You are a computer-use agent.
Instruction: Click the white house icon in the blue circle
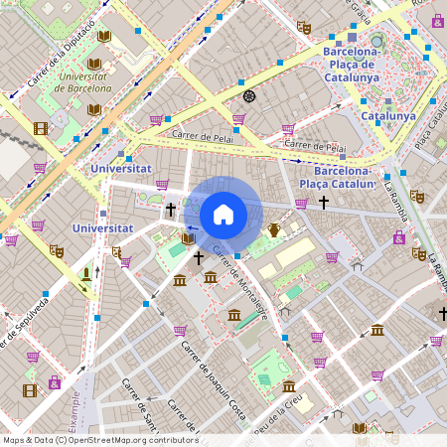(223, 214)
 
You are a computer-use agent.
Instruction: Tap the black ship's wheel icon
(249, 96)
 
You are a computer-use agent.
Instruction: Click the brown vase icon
(274, 230)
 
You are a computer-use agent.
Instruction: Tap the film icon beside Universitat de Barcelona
(41, 128)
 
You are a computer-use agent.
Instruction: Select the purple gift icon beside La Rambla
(398, 237)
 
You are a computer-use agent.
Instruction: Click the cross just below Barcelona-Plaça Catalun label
(323, 203)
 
